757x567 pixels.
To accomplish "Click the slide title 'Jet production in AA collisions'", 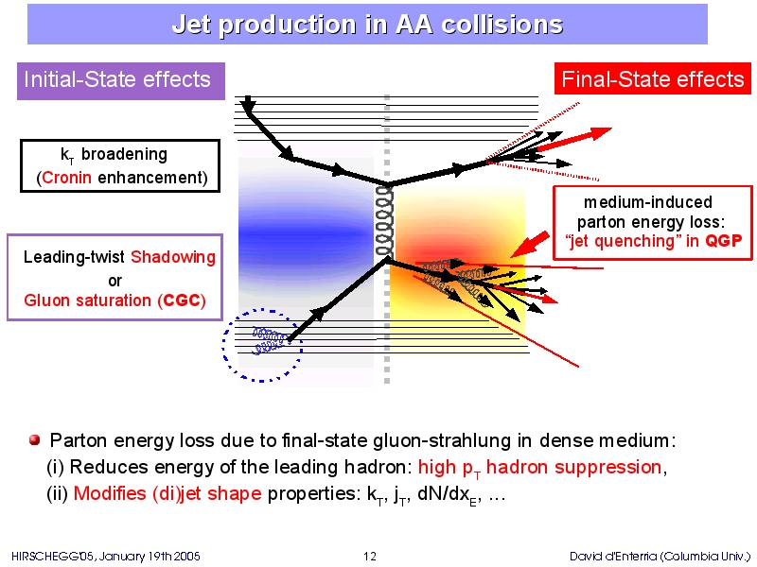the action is pyautogui.click(x=367, y=25).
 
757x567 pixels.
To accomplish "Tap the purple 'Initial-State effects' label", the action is pyautogui.click(x=121, y=81).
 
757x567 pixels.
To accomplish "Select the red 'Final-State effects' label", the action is pyautogui.click(x=653, y=78).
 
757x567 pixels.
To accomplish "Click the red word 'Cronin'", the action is pyautogui.click(x=66, y=178).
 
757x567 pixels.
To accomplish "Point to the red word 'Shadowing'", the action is pyautogui.click(x=173, y=257).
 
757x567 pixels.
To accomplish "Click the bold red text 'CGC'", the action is pyautogui.click(x=182, y=301).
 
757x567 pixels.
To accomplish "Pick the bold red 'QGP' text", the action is pyautogui.click(x=723, y=241).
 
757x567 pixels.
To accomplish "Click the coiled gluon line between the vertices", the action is pyautogui.click(x=385, y=221).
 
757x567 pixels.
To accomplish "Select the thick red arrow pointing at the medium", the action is pyautogui.click(x=530, y=244).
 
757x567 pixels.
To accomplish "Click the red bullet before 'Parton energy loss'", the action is pyautogui.click(x=34, y=440).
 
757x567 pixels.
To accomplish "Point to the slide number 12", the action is pyautogui.click(x=370, y=557).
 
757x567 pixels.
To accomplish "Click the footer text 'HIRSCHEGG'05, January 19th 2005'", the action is pyautogui.click(x=106, y=557).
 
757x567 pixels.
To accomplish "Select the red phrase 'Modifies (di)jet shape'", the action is pyautogui.click(x=167, y=493).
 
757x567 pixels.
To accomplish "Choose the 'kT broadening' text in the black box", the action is pyautogui.click(x=114, y=155).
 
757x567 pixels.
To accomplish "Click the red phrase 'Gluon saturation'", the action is pyautogui.click(x=87, y=301).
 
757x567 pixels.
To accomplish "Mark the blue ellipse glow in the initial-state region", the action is pyautogui.click(x=305, y=233).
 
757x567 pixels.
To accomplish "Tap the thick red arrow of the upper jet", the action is pyautogui.click(x=573, y=139).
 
